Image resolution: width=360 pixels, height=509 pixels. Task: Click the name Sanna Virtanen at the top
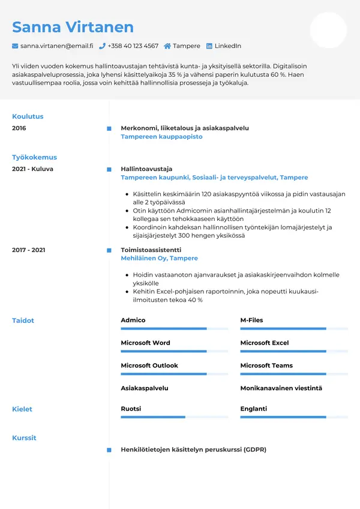point(73,27)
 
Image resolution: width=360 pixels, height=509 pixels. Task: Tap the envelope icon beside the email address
point(15,46)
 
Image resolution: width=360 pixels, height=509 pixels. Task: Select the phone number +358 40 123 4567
point(133,46)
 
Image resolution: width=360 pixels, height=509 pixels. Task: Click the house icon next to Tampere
point(167,46)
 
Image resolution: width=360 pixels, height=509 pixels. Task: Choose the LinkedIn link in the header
point(227,46)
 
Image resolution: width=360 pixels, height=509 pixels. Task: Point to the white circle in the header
point(328,30)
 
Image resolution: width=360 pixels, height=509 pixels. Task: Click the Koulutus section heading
point(28,116)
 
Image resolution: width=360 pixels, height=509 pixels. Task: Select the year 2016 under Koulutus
point(19,128)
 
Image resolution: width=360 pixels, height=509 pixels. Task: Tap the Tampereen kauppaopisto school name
point(161,137)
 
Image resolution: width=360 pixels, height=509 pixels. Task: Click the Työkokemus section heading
point(34,157)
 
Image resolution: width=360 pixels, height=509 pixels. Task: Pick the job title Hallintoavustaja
point(146,169)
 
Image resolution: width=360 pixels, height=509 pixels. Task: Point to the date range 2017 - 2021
point(29,250)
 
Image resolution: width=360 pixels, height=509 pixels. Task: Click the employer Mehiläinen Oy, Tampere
point(159,258)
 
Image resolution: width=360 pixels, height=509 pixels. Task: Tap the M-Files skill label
point(251,321)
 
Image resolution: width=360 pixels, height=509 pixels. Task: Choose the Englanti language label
point(253,409)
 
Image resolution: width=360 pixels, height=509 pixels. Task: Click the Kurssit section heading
point(24,438)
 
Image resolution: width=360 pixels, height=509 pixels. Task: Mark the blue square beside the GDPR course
point(109,450)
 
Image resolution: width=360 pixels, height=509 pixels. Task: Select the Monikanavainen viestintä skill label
point(281,388)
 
